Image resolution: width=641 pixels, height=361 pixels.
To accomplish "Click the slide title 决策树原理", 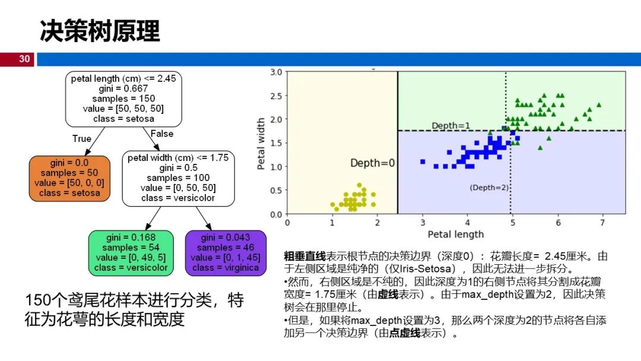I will coord(100,31).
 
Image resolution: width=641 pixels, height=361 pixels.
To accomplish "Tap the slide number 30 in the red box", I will coord(24,59).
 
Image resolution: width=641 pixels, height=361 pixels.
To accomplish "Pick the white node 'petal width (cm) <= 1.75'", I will coord(178,178).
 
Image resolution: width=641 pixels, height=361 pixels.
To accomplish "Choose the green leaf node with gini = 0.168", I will coord(131,253).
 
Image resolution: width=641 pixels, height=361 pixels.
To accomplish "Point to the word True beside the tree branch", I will coord(82,138).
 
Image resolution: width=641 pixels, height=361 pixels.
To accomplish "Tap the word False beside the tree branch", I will coord(162,134).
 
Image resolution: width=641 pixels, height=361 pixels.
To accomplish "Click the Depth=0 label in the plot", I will coord(372,163).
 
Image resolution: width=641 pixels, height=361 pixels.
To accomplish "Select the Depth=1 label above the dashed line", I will coord(450,126).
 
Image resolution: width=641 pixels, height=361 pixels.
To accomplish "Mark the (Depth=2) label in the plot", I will coord(489,188).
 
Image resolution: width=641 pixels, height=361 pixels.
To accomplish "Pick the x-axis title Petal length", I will coord(456,234).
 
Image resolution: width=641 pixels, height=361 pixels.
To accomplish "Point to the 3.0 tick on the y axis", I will coord(275,72).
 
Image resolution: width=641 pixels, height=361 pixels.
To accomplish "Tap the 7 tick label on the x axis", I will coord(602,222).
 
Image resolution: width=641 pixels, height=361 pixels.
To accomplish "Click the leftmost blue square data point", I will coord(423,161).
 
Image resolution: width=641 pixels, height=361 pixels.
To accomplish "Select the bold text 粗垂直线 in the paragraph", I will coord(305,256).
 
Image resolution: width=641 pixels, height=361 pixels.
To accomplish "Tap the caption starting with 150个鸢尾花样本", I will coord(134,309).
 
